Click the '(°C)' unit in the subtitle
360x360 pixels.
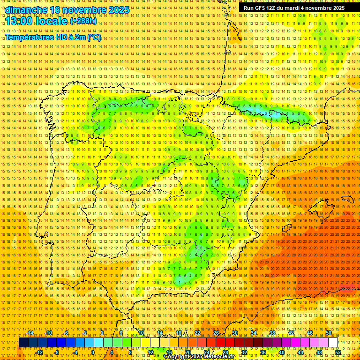94,37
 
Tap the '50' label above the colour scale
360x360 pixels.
329,333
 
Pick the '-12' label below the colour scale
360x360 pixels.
39,352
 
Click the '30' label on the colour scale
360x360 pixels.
234,333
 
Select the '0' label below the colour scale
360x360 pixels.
93,352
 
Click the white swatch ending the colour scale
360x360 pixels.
333,343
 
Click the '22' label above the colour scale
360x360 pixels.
197,333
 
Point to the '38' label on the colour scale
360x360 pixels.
272,333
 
